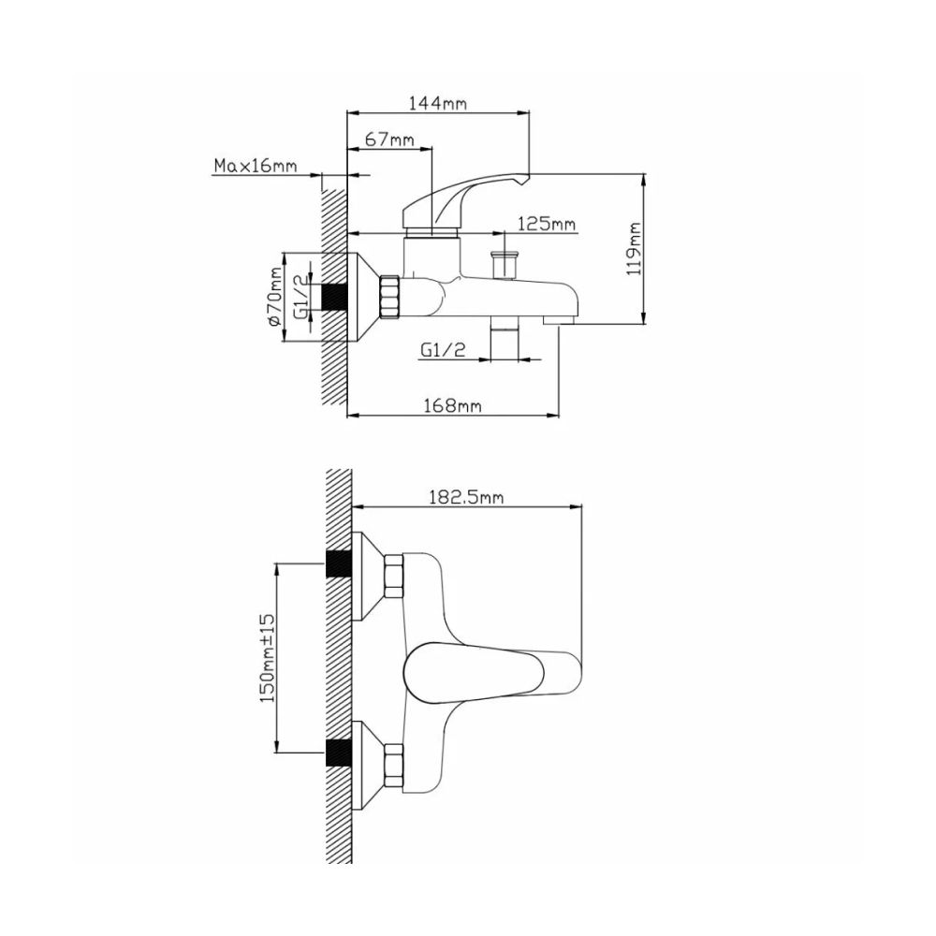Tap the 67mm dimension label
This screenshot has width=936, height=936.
click(x=389, y=139)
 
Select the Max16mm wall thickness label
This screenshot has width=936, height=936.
click(x=255, y=167)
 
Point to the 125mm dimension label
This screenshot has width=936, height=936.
click(x=547, y=225)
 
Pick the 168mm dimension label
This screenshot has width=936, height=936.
click(x=453, y=405)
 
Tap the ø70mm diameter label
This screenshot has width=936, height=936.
click(x=275, y=298)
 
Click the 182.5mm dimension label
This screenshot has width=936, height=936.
click(x=466, y=498)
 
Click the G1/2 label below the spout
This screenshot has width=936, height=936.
click(x=443, y=350)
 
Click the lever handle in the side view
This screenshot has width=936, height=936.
click(x=463, y=197)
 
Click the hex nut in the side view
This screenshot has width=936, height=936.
click(x=390, y=296)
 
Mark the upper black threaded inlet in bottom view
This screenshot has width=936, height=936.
click(x=338, y=564)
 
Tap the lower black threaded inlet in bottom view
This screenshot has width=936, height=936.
click(x=338, y=753)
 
